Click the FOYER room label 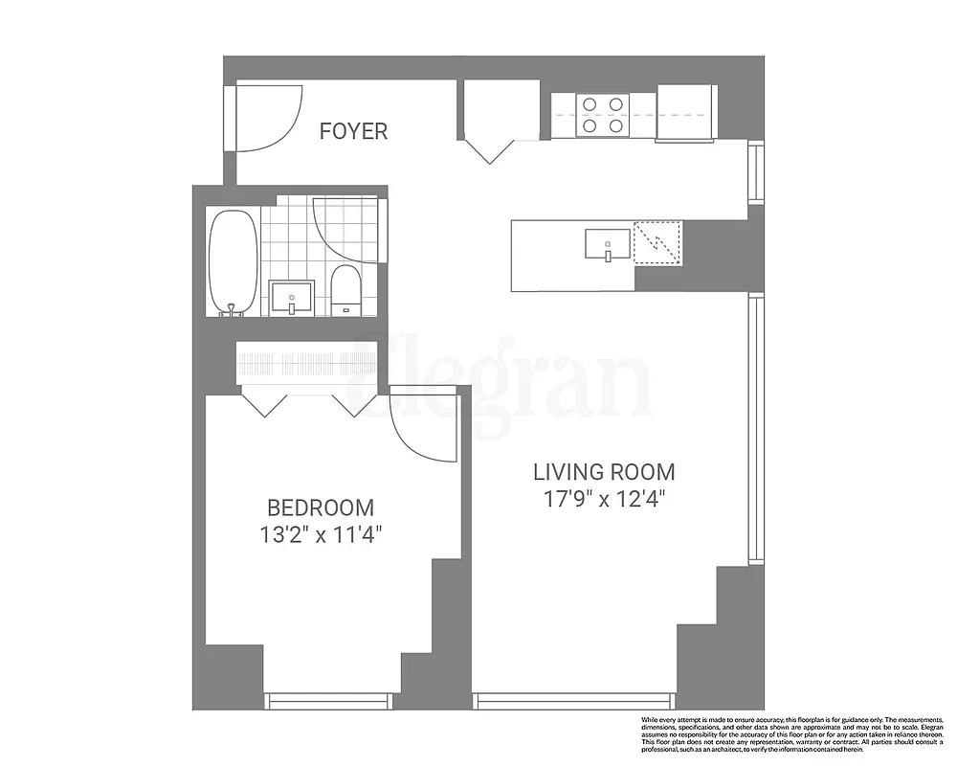tap(353, 131)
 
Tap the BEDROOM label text tap(320, 507)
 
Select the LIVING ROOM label tap(603, 472)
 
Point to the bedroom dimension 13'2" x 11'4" tap(321, 534)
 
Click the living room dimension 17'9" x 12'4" tap(604, 498)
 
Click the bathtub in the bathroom tap(233, 261)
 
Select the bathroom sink tap(291, 297)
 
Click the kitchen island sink tap(608, 244)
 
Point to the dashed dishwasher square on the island tap(657, 242)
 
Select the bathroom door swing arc tap(346, 230)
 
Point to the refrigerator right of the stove tap(686, 111)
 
